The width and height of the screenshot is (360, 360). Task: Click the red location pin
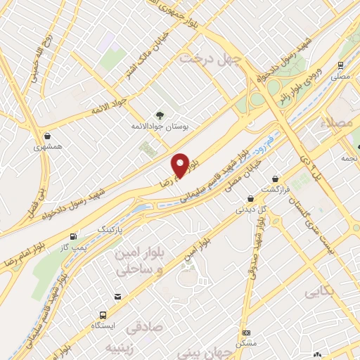[x=181, y=165]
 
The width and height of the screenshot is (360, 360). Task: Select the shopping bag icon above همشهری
[x=46, y=136]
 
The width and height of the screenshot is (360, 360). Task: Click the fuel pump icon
[x=73, y=237]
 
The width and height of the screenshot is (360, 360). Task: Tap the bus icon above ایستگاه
[x=103, y=314]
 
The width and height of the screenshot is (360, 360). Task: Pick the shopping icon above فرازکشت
[x=275, y=179]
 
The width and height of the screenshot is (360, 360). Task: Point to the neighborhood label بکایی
[x=320, y=290]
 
